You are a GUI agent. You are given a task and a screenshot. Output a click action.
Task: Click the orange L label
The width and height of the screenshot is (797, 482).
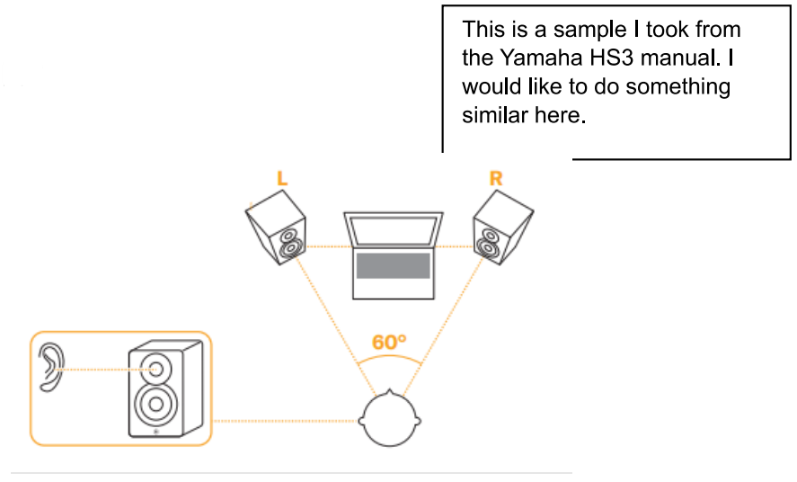(282, 179)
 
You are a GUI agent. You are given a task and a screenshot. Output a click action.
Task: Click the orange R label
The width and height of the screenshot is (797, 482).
(495, 178)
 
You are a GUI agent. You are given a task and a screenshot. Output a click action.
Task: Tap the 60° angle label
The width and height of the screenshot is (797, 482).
(389, 343)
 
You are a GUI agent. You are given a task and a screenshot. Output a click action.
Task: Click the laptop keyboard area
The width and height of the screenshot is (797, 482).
(393, 265)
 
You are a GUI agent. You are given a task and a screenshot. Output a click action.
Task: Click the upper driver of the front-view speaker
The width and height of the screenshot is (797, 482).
(156, 367)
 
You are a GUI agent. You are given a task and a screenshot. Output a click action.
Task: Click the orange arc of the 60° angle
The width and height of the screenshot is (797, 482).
(389, 359)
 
